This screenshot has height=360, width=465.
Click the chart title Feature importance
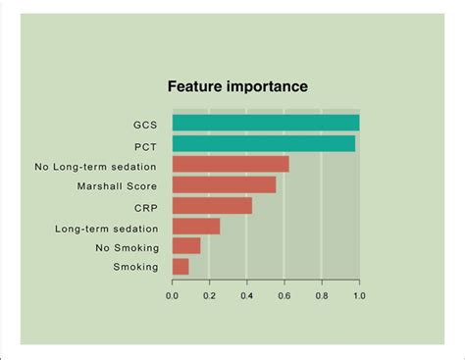click(x=237, y=86)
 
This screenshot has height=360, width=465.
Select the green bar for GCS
click(x=265, y=124)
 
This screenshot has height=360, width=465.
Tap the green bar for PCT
click(x=263, y=144)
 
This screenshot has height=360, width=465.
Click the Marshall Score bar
click(x=224, y=184)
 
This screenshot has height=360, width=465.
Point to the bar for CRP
click(x=212, y=205)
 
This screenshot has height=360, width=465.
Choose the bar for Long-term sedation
click(x=196, y=227)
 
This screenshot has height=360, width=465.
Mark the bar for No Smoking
click(x=186, y=246)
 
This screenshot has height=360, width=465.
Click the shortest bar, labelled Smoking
click(x=181, y=266)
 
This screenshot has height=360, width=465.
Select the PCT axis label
click(x=146, y=145)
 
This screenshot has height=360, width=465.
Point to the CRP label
click(x=145, y=207)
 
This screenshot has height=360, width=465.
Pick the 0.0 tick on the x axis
click(x=173, y=292)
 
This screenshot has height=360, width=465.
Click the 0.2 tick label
click(x=210, y=292)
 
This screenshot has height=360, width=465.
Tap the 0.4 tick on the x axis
click(x=247, y=292)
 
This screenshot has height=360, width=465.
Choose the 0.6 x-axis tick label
click(x=284, y=292)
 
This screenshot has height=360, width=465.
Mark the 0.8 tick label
click(x=322, y=292)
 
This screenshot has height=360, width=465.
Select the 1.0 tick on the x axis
click(x=358, y=292)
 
